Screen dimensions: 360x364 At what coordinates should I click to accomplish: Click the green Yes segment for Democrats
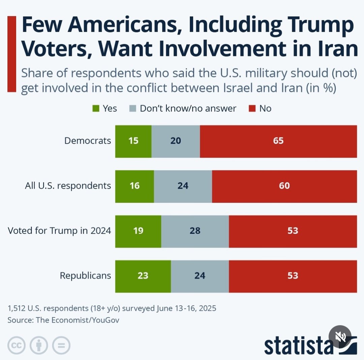[x=133, y=141]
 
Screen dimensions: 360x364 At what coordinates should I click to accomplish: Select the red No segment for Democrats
[x=278, y=141]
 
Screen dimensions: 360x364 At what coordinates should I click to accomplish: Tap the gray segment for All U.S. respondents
[x=183, y=186]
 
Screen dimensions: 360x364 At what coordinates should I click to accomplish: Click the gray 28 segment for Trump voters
[x=195, y=231]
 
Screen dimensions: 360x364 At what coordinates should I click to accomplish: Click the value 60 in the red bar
[x=284, y=186]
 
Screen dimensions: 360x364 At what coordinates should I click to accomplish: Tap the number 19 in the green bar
[x=138, y=231]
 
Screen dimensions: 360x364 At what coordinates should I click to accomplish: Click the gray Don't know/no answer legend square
[x=133, y=109]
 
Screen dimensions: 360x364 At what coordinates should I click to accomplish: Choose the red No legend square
[x=252, y=109]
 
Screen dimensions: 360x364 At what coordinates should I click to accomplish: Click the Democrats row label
[x=88, y=141]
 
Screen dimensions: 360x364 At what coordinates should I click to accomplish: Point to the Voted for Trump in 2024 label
[x=59, y=231]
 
